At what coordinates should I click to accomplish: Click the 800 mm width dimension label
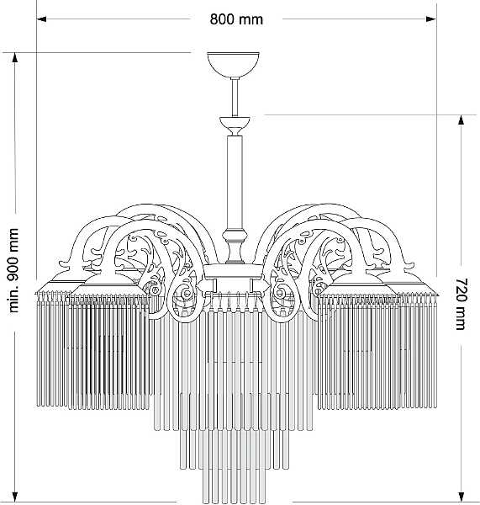pos(236,19)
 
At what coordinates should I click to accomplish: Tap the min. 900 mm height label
pos(13,270)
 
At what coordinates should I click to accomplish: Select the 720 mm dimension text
pos(462,304)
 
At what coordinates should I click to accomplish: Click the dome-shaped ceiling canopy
pos(233,65)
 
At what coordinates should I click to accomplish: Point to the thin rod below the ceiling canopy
pos(235,97)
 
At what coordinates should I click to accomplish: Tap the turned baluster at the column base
pos(235,247)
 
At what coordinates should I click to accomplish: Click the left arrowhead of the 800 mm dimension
pos(41,19)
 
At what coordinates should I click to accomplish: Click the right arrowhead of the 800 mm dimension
pos(431,19)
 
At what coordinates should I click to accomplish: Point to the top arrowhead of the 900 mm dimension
pos(15,58)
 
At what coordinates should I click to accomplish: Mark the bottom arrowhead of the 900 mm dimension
pos(15,497)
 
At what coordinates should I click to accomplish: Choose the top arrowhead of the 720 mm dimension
pos(462,120)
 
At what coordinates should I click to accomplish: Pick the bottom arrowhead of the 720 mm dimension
pos(462,497)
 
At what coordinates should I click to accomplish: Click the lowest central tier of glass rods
pos(235,485)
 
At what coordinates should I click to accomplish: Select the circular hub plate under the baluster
pos(235,271)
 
